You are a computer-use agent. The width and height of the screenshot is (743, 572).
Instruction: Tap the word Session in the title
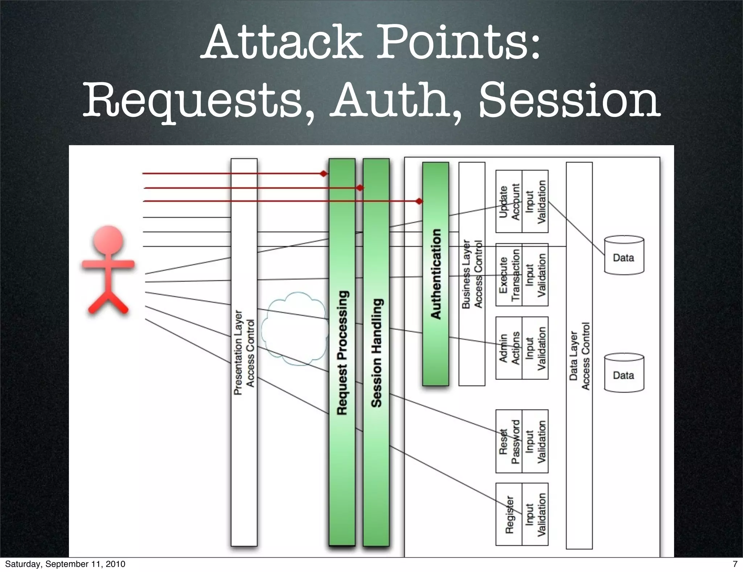coord(569,99)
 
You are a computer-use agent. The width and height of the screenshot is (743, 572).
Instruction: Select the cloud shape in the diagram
coord(295,328)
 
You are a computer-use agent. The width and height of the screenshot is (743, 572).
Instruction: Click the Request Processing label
coord(342,353)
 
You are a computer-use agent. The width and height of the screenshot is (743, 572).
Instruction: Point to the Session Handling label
coord(376,353)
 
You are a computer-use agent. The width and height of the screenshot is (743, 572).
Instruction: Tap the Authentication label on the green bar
coord(436,274)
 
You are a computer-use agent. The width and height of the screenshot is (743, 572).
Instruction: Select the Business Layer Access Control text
coord(472,274)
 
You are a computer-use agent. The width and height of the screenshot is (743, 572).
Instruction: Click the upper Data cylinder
coord(624,256)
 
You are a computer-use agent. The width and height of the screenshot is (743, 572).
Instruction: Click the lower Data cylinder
coord(624,373)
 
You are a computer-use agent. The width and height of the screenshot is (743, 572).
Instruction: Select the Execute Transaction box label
coord(509,275)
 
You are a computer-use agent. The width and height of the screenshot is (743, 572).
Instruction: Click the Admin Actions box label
coord(509,348)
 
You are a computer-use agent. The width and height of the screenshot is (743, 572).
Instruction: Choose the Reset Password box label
coord(509,442)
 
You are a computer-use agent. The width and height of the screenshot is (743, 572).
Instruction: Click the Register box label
coord(509,514)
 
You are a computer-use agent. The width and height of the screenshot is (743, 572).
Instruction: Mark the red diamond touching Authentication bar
coord(419,201)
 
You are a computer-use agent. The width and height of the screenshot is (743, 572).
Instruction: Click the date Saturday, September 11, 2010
coord(65,564)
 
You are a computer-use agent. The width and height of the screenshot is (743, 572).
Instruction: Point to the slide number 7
coord(735,564)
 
